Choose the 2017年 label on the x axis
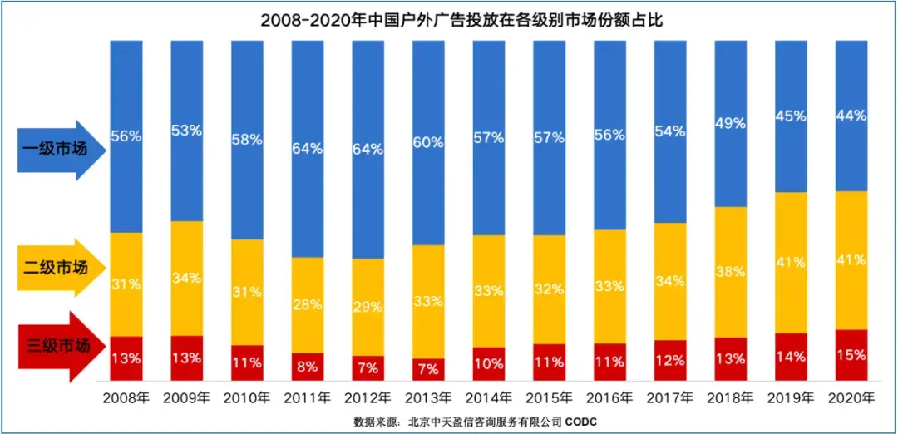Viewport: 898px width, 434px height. click(670, 397)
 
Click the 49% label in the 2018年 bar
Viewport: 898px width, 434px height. click(731, 124)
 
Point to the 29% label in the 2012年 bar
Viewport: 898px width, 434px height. click(368, 306)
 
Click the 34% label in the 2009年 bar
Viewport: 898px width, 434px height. click(186, 278)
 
